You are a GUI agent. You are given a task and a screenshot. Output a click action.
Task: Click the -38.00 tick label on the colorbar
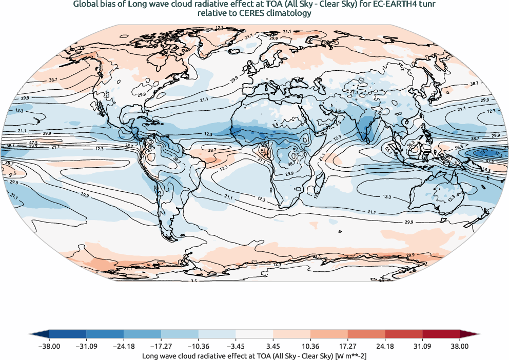(49, 347)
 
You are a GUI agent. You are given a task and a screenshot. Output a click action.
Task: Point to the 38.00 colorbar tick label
(460, 347)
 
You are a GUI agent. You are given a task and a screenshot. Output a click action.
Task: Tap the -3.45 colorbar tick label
(236, 347)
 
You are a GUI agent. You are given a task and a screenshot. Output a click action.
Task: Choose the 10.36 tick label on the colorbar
(310, 347)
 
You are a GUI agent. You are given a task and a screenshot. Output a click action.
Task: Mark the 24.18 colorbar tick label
(385, 347)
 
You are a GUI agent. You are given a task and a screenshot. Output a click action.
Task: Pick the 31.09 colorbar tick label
(422, 347)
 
